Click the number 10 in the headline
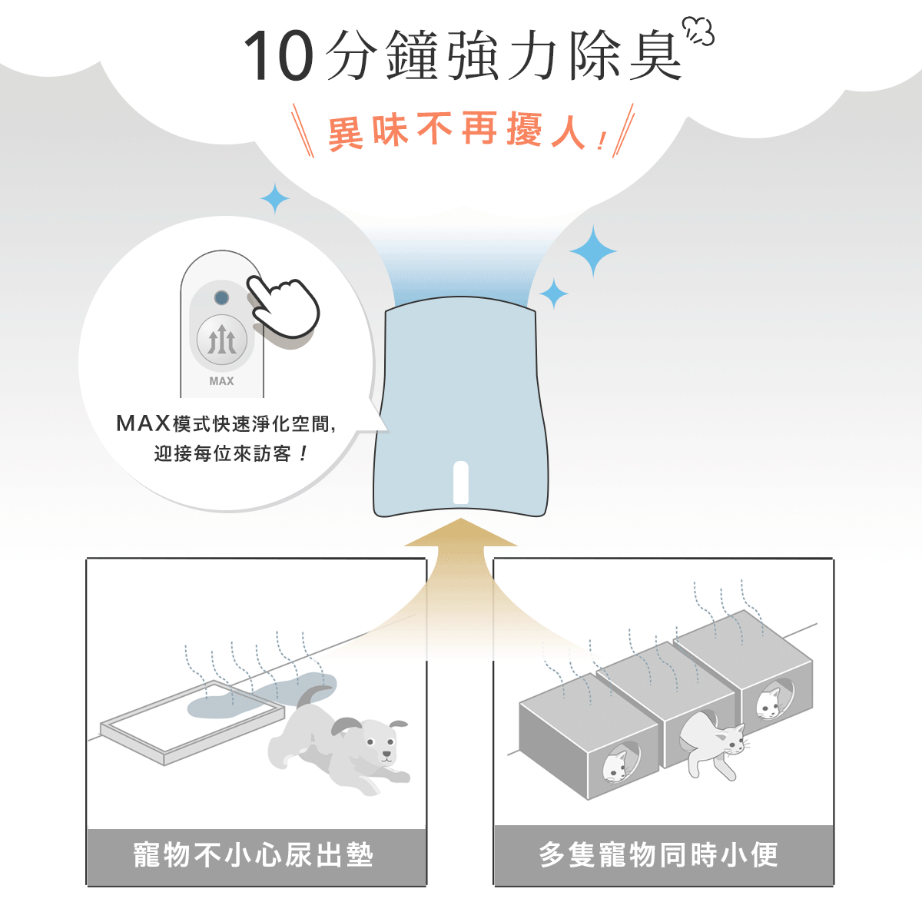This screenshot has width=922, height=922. pos(278,56)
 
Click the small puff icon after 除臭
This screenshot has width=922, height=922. pos(698,31)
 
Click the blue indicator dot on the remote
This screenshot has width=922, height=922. pos(221,297)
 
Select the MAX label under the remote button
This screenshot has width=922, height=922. pos(221,381)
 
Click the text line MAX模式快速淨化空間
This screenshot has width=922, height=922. pos(226,423)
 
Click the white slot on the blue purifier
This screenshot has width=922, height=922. pos(460,482)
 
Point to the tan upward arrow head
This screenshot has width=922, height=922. pos(460,532)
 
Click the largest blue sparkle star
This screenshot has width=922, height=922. pos(593,251)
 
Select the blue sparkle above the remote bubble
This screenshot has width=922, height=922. pos(274,198)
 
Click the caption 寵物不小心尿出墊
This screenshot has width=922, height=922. pos(253,855)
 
